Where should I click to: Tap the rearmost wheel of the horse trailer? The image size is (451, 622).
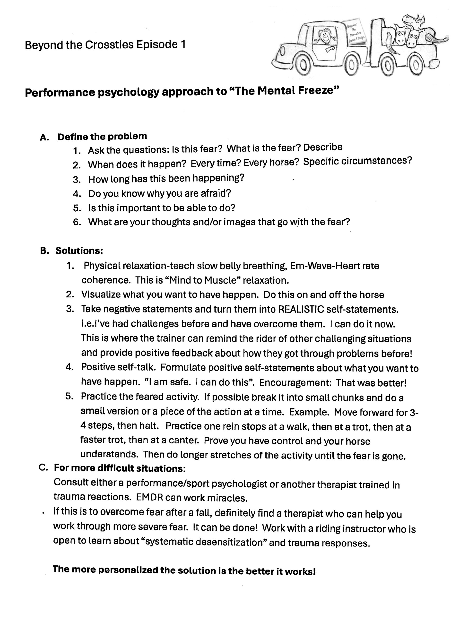pyautogui.click(x=415, y=65)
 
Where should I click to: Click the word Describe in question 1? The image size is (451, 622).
pyautogui.click(x=323, y=147)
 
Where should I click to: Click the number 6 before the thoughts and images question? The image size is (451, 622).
pyautogui.click(x=77, y=222)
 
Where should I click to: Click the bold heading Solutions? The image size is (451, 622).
pyautogui.click(x=79, y=251)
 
